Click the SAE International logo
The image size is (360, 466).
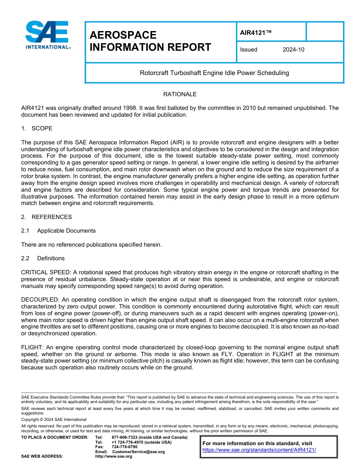click(x=47, y=35)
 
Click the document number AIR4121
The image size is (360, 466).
click(x=256, y=33)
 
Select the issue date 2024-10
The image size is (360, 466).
click(x=293, y=50)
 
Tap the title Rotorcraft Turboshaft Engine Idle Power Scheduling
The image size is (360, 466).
click(x=214, y=73)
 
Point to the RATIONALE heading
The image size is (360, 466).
click(x=180, y=94)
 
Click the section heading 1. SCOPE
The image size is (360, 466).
click(x=37, y=128)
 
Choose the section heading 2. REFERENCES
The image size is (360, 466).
click(x=46, y=217)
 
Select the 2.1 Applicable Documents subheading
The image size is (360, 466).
click(x=58, y=231)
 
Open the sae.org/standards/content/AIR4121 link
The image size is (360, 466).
click(x=259, y=450)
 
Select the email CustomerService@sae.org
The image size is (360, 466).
click(x=138, y=452)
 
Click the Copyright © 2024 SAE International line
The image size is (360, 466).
click(x=54, y=419)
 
